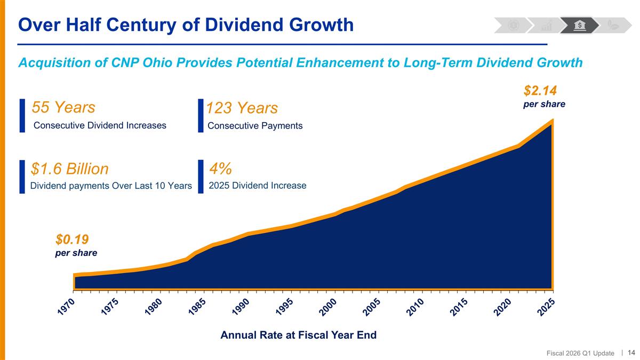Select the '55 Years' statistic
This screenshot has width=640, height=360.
63,107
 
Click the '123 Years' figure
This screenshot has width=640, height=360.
242,108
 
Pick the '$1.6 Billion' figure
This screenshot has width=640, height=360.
70,169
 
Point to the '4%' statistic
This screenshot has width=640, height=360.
220,169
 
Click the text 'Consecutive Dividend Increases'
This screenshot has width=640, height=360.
100,125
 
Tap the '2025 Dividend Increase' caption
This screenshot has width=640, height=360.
258,186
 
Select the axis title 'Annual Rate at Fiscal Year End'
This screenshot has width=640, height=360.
299,335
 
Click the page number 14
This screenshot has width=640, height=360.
631,353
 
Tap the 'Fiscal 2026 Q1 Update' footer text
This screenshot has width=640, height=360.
580,353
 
